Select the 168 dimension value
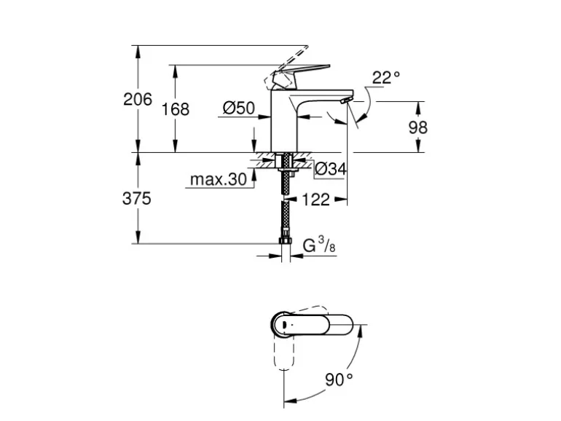click(175, 109)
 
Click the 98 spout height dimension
click(417, 127)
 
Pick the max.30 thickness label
click(218, 180)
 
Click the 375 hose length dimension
click(136, 198)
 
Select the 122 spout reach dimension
click(315, 199)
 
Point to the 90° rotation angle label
click(339, 379)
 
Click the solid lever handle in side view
click(300, 73)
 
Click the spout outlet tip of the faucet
click(347, 99)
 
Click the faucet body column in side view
click(286, 120)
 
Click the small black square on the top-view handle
click(285, 323)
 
